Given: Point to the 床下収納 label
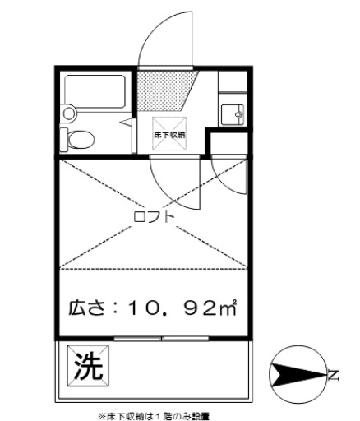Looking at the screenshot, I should (x=169, y=134).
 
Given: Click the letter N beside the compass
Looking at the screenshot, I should (x=334, y=376).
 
